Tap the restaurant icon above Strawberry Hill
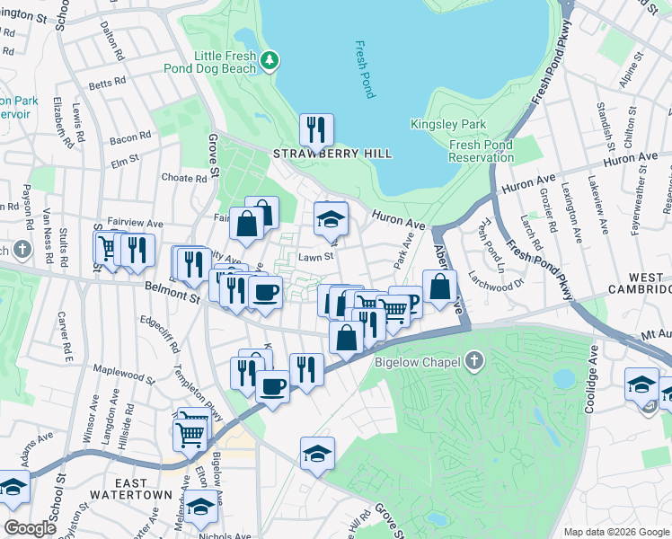pos(315,130)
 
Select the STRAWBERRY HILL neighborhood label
pos(332,154)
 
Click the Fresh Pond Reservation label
pos(481,151)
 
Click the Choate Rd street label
pos(184,178)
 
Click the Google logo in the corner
pos(30,528)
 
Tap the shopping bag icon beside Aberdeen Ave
pos(439,288)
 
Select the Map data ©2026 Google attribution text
pos(616,532)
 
